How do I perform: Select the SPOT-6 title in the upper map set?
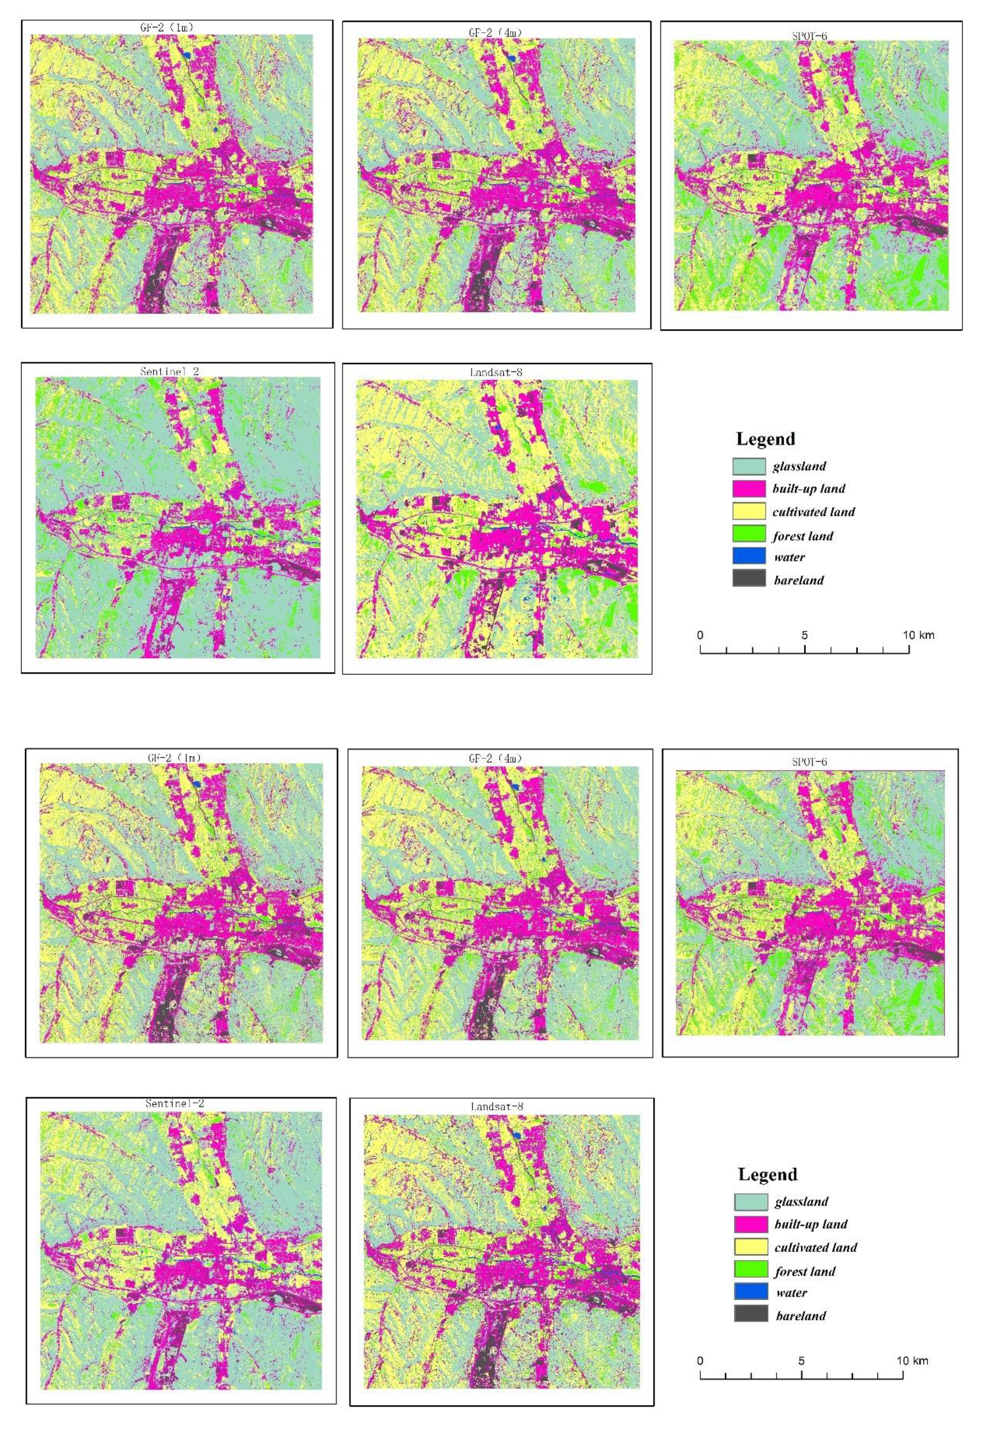809,36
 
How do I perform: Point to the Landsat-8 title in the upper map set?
496,373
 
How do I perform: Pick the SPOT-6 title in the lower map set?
809,762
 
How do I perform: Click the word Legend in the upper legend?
765,439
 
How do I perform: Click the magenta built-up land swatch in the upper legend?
749,489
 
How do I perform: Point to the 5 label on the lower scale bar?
801,1360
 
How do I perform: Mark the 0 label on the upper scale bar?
700,635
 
